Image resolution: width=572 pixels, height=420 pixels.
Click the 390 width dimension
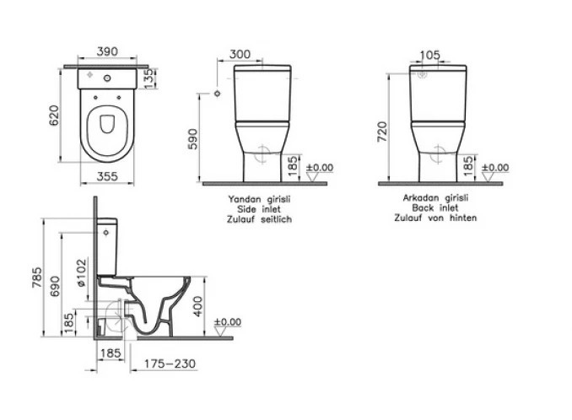107,51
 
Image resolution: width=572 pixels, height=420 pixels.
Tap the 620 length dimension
54,116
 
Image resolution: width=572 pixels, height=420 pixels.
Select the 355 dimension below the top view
107,176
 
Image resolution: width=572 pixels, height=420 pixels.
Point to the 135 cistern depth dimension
149,78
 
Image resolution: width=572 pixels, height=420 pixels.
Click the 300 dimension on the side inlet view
240,54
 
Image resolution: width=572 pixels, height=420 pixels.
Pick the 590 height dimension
193,139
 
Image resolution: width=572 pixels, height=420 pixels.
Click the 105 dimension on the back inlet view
430,55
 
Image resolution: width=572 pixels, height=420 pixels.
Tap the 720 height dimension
382,132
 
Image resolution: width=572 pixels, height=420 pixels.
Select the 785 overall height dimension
37,277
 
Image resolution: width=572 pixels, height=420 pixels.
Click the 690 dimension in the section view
55,286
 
